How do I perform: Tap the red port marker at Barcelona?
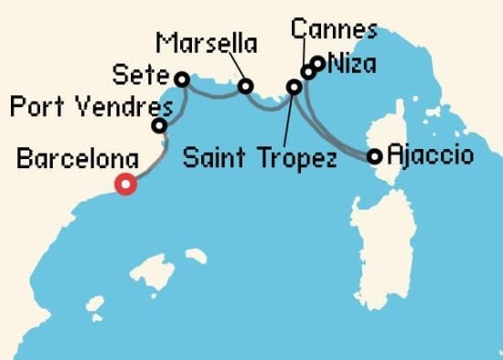pos(126,185)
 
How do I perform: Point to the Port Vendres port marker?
pos(159,126)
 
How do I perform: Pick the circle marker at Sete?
pos(181,79)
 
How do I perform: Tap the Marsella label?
pos(207,43)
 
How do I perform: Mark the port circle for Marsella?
pos(245,87)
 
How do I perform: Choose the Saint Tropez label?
pos(259,157)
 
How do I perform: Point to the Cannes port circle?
pos(308,72)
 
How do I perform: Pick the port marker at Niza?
pos(317,63)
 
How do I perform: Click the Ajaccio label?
pos(430,154)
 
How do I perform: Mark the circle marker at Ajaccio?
pos(374,156)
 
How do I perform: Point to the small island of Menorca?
pos(195,257)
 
